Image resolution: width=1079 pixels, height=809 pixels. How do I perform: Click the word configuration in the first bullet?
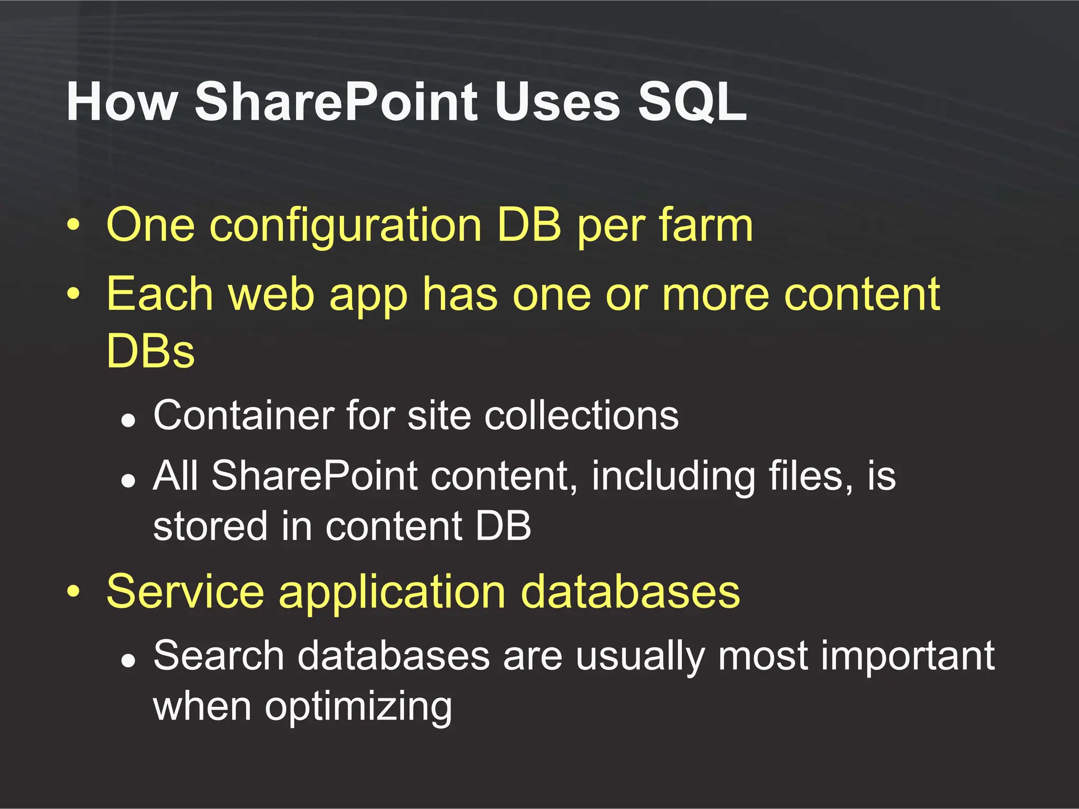pyautogui.click(x=346, y=225)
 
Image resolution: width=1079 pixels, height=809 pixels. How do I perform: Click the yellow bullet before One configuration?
pyautogui.click(x=74, y=225)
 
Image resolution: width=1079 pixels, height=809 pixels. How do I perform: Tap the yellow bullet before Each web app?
pyautogui.click(x=74, y=293)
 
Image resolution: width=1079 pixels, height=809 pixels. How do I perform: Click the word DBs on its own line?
pyautogui.click(x=150, y=351)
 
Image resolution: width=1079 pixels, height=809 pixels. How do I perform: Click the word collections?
pyautogui.click(x=582, y=416)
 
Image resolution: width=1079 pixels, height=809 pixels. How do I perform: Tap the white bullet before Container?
pyautogui.click(x=128, y=420)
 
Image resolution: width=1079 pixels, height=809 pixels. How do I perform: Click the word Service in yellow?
pyautogui.click(x=185, y=592)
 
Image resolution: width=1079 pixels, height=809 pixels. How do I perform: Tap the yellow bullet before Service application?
pyautogui.click(x=74, y=592)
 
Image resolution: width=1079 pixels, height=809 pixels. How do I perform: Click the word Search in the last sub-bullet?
pyautogui.click(x=219, y=656)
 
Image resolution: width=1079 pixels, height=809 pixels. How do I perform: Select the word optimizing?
pyautogui.click(x=358, y=708)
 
